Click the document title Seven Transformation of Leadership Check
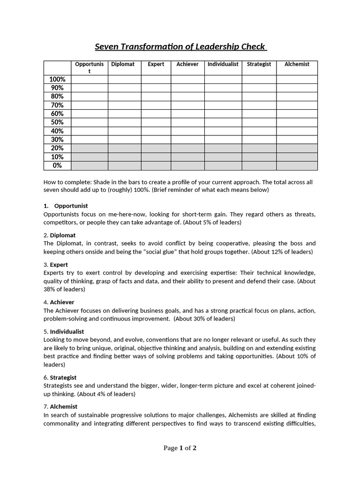click(180, 46)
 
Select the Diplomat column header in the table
click(123, 64)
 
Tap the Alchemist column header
click(297, 64)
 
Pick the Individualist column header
click(223, 64)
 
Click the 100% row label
click(57, 79)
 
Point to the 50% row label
click(57, 122)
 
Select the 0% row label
click(57, 165)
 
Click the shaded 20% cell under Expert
click(156, 148)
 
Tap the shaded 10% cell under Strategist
click(259, 157)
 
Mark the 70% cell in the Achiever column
click(187, 105)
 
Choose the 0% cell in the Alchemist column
click(297, 165)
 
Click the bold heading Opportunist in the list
click(71, 206)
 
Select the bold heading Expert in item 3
click(59, 264)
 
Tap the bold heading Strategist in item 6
click(63, 377)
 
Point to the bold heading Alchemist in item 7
click(64, 406)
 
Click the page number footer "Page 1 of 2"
click(180, 448)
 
